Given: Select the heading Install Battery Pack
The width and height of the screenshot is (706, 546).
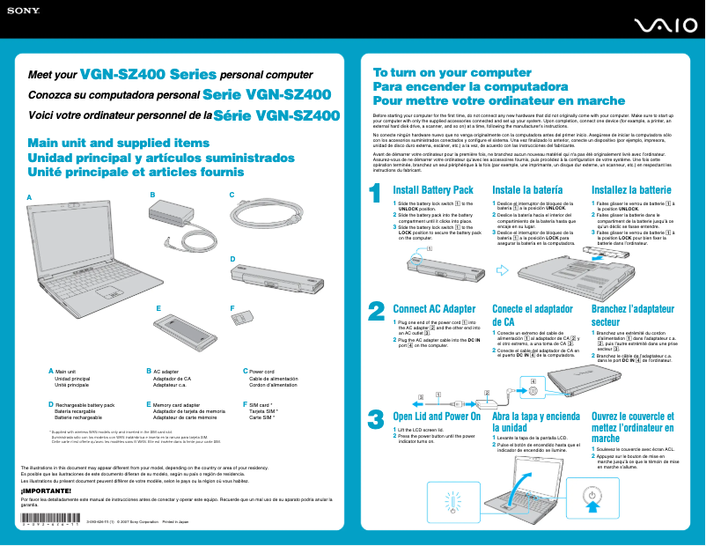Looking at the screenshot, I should pos(433,190).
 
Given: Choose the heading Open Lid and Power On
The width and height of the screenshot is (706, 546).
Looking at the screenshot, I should pos(437,417).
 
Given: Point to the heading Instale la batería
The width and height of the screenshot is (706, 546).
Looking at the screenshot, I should pos(527,190).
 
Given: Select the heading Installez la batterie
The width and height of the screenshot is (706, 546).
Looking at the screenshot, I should pos(631,190).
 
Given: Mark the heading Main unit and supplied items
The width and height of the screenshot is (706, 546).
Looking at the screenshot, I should pos(119,143).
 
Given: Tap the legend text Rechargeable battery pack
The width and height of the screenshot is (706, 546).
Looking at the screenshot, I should pos(85,404).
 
